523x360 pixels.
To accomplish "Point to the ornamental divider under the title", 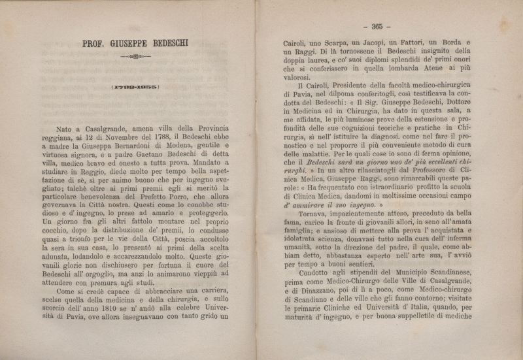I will (x=136, y=57).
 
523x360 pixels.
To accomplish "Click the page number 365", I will (x=377, y=27).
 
